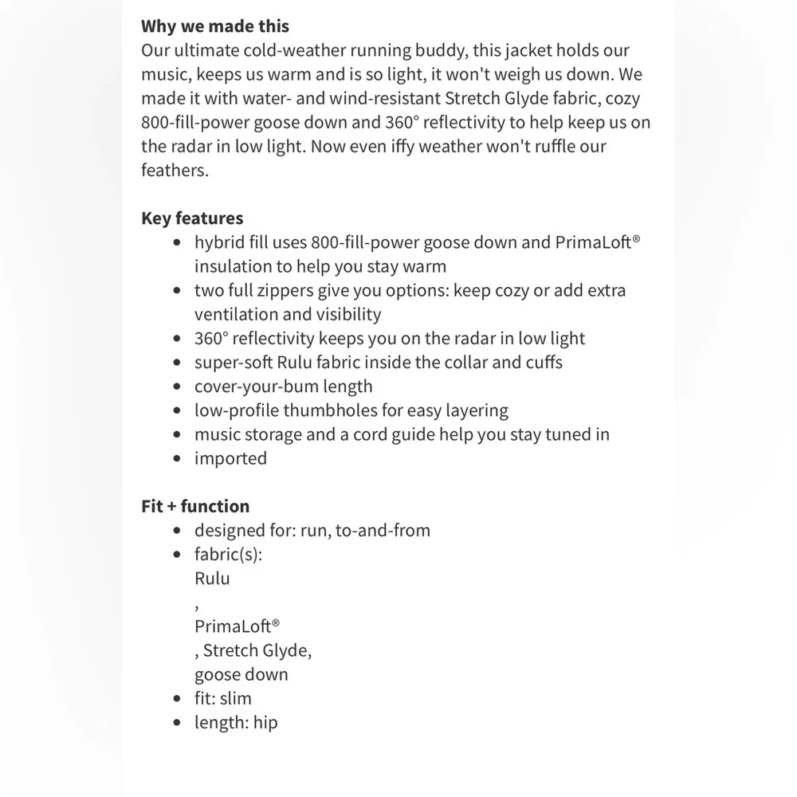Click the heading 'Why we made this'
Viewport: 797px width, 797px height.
(x=215, y=27)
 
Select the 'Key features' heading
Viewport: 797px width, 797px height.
(x=192, y=218)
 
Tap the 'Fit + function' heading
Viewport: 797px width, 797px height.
(x=195, y=506)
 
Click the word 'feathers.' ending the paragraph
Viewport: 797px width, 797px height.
(x=175, y=171)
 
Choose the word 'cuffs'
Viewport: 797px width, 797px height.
(x=542, y=363)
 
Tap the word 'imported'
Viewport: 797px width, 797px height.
(x=230, y=458)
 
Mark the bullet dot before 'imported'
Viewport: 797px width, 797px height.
(x=177, y=459)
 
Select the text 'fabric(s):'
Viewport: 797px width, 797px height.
(x=228, y=554)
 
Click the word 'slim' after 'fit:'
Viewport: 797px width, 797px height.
(x=235, y=699)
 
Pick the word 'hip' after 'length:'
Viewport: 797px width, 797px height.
(x=265, y=723)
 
